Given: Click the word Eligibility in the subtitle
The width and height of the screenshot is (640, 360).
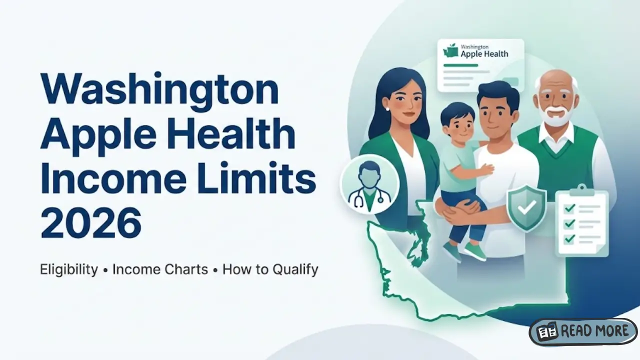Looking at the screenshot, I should tap(69, 269).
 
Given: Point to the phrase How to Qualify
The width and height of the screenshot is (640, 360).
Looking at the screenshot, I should tap(270, 269).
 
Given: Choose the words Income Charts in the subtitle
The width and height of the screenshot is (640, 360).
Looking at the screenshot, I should tap(160, 269).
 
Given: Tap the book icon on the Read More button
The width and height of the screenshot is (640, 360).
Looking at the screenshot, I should tap(547, 332).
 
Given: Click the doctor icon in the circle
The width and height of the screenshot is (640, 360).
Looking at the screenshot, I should tap(369, 183).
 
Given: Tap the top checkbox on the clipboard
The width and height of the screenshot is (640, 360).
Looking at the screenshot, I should tap(568, 208).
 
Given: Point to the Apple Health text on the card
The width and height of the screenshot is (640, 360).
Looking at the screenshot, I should tap(484, 54).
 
